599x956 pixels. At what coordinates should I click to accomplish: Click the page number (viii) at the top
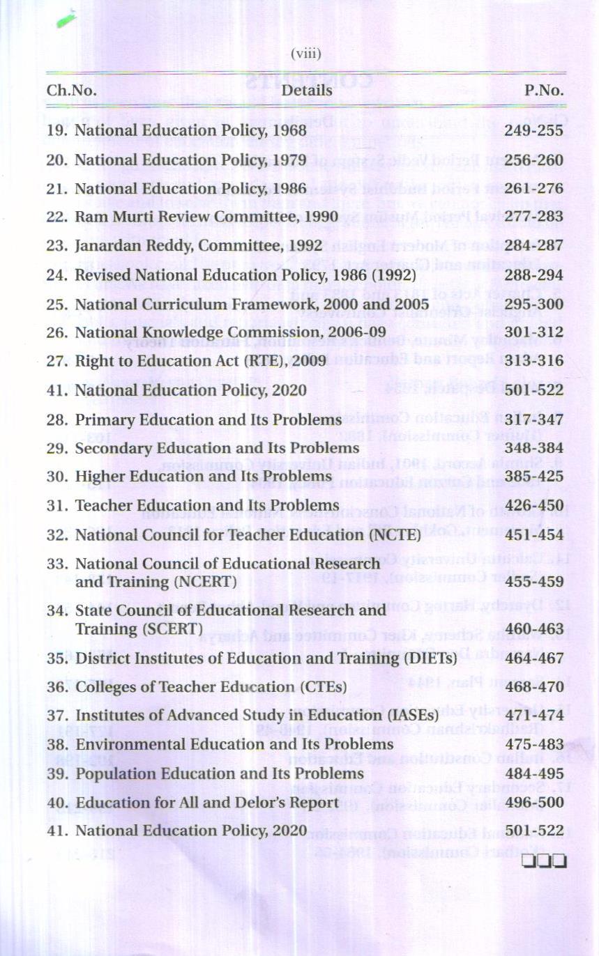(305, 54)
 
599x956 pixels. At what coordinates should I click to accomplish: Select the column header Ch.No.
(71, 91)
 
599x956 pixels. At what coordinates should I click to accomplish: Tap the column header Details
(307, 91)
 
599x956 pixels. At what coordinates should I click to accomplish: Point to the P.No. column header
(544, 91)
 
